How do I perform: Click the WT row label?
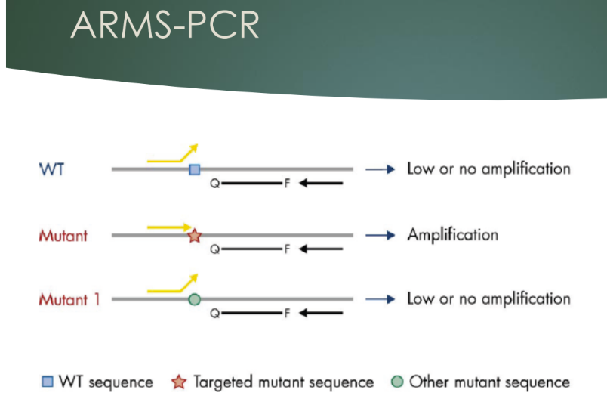pos(51,169)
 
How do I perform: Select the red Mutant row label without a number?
pos(63,235)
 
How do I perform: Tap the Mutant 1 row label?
pos(69,299)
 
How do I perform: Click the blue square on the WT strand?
pos(195,169)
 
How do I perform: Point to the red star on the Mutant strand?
pos(195,235)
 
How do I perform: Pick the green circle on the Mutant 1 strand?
pos(194,300)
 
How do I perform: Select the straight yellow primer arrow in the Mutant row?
pos(171,226)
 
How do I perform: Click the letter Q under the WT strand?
pos(215,184)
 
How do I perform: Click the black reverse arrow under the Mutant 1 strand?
pos(320,313)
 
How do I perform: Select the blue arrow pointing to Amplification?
pos(381,235)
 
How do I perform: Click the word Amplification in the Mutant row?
pos(452,234)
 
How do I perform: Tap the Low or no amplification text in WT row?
pos(488,169)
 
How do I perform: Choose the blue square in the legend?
pos(48,382)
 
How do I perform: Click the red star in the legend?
pos(178,382)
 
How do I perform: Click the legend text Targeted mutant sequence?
pos(283,382)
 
